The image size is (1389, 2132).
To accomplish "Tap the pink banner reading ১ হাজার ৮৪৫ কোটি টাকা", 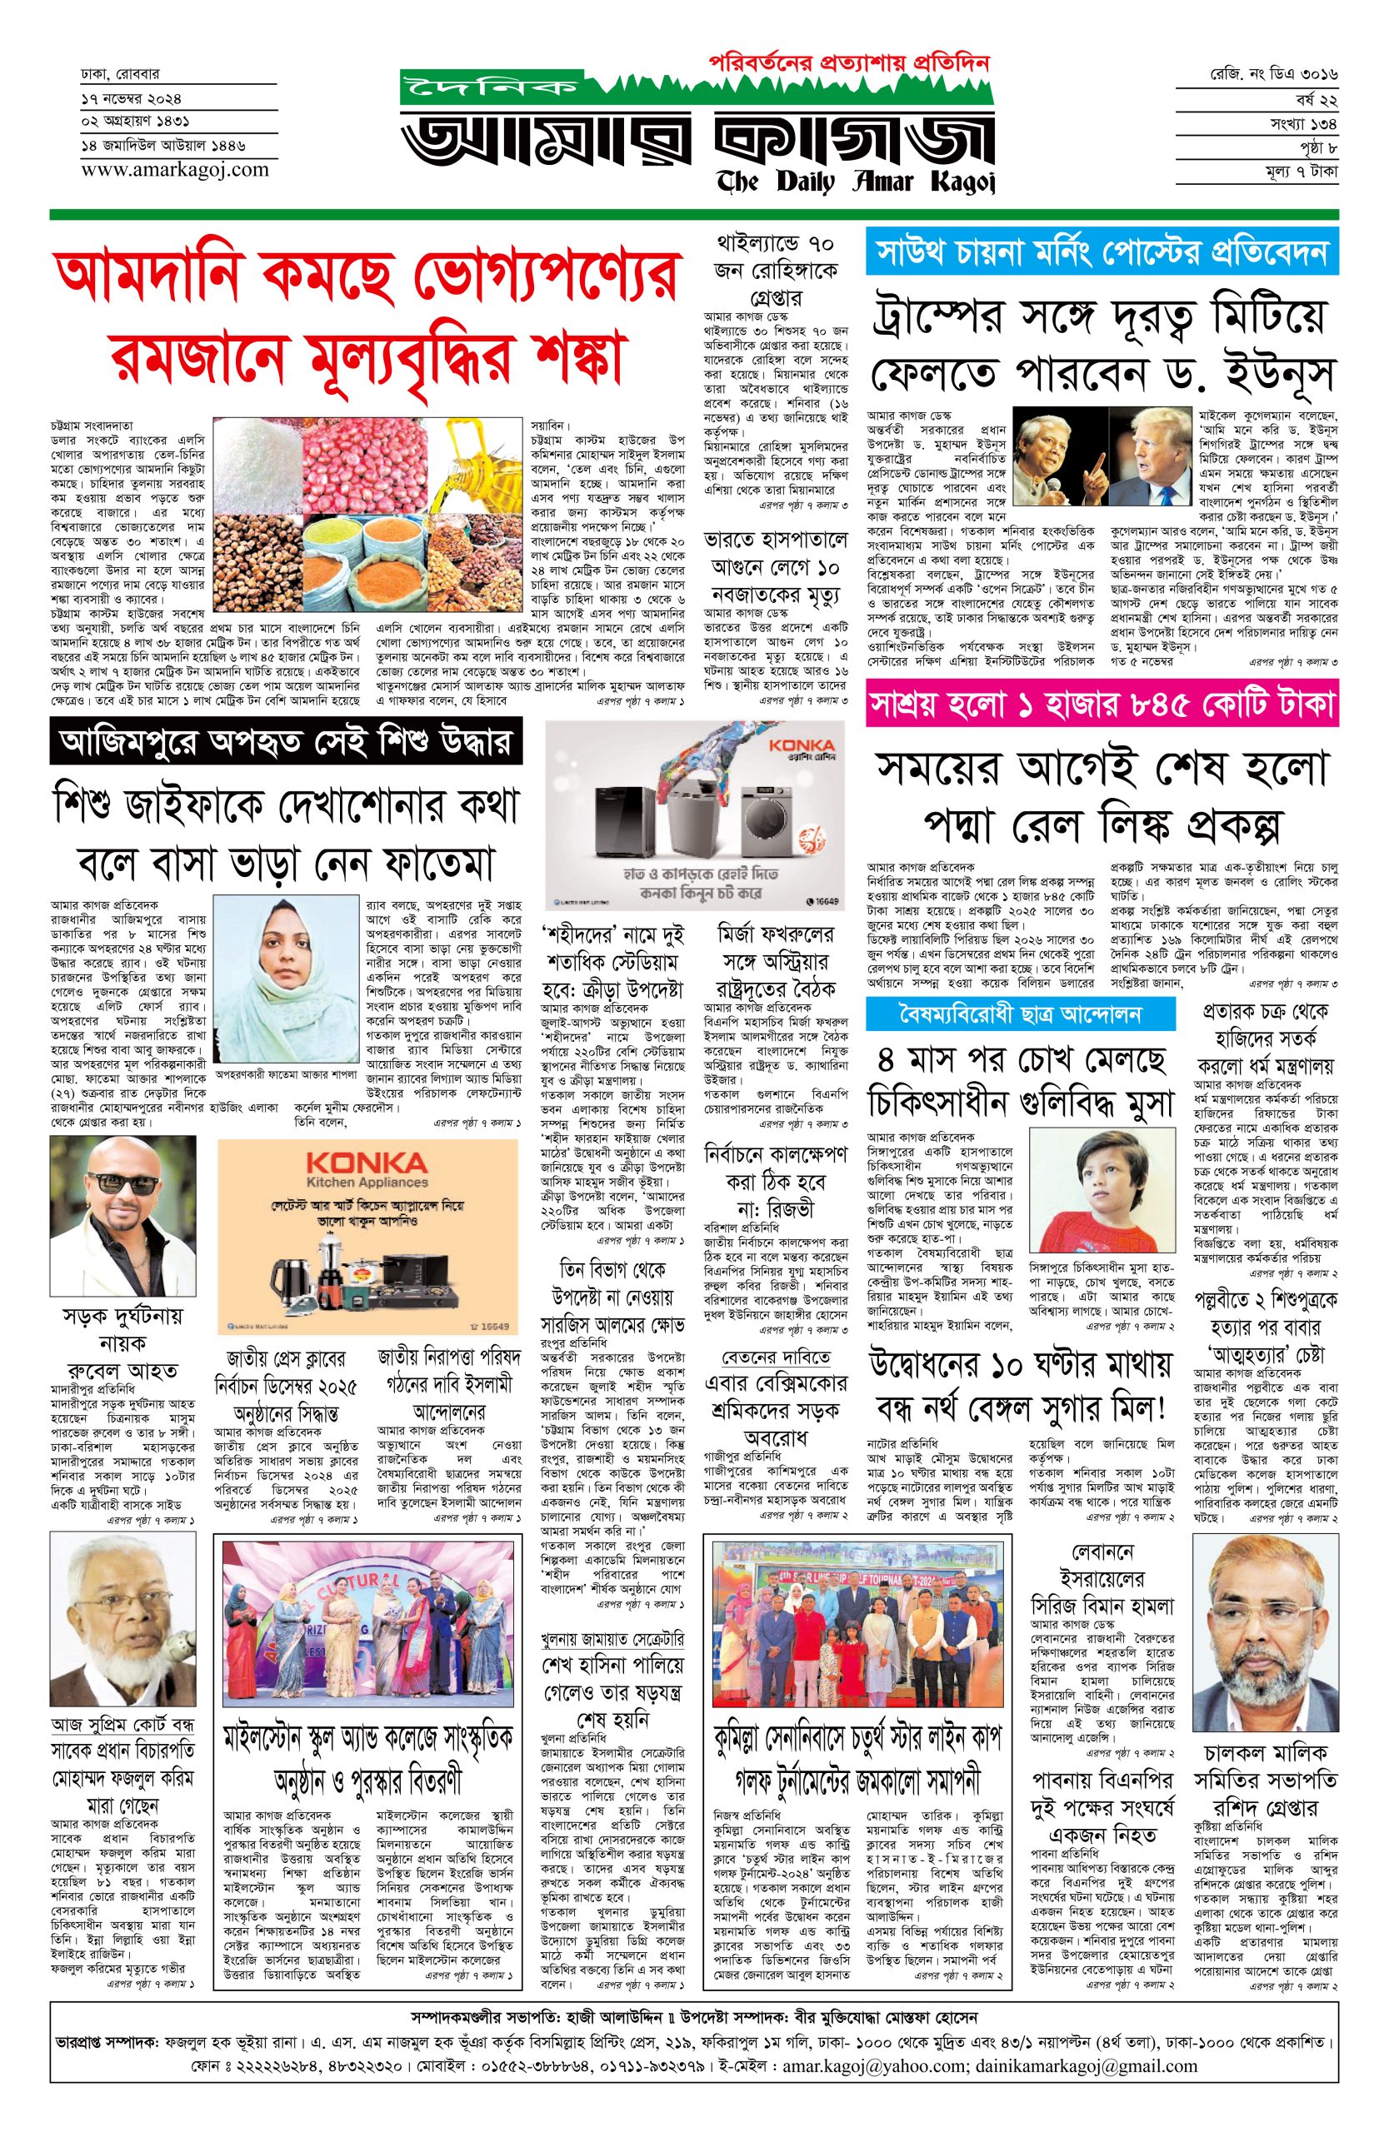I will [1101, 707].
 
